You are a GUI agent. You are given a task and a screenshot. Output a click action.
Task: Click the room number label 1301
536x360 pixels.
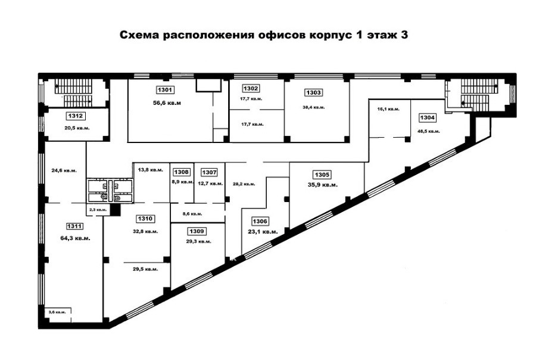click(x=165, y=90)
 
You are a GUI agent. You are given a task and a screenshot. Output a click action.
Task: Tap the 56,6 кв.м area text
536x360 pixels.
click(x=167, y=103)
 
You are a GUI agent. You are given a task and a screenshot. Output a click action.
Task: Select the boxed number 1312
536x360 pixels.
click(x=76, y=116)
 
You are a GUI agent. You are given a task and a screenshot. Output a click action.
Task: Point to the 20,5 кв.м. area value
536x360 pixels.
click(x=77, y=128)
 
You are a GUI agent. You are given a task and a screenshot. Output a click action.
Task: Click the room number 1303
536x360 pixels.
click(x=313, y=93)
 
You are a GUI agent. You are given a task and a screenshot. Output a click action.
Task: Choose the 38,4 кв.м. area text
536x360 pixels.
click(x=313, y=107)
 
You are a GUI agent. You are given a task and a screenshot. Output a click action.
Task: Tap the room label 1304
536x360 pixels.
click(x=427, y=118)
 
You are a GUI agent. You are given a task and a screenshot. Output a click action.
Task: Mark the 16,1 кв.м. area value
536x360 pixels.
click(x=388, y=109)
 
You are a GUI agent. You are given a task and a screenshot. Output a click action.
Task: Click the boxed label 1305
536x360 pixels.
click(x=322, y=175)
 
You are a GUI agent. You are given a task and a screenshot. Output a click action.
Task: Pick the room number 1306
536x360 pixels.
click(x=260, y=221)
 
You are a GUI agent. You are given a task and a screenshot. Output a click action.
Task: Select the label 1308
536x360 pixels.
click(x=181, y=172)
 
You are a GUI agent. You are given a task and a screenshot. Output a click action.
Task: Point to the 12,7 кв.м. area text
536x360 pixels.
click(x=211, y=184)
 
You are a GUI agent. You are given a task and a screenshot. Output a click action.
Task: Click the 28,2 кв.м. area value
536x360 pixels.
click(x=244, y=184)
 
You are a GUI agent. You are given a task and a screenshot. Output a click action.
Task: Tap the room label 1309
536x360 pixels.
click(x=197, y=231)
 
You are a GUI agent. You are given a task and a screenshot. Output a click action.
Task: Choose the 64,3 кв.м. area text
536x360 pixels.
click(x=75, y=238)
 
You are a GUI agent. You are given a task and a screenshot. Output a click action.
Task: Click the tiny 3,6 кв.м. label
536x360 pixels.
click(x=57, y=312)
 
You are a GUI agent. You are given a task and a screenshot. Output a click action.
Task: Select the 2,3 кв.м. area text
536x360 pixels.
click(x=98, y=209)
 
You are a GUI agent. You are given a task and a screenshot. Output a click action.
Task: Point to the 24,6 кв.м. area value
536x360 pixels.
click(x=64, y=170)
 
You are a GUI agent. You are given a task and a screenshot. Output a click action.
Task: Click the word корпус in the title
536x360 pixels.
click(x=330, y=35)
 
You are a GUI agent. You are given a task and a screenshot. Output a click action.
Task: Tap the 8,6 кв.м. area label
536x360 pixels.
click(x=192, y=214)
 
